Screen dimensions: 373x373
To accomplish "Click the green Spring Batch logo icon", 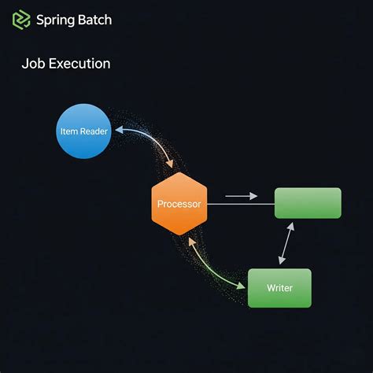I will pos(22,20).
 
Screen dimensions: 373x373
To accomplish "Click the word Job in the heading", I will pos(33,64).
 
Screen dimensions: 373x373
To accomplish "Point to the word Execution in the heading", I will pos(79,64).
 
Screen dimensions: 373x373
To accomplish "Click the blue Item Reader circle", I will pos(84,131).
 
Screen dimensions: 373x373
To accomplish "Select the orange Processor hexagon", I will pos(179,204).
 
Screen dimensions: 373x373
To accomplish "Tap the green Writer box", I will pos(279,288).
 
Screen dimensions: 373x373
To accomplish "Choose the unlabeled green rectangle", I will pos(308,203).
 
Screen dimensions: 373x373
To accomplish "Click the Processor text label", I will pos(179,204).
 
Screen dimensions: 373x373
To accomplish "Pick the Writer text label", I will pos(279,288).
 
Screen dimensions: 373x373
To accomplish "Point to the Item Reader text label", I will pos(84,131).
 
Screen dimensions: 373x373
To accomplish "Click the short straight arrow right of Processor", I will pos(241,196).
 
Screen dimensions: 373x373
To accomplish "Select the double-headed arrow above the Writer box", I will pos(286,243).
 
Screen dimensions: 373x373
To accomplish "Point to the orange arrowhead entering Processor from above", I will pos(169,164).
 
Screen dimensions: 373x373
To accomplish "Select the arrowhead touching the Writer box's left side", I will pos(242,286).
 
